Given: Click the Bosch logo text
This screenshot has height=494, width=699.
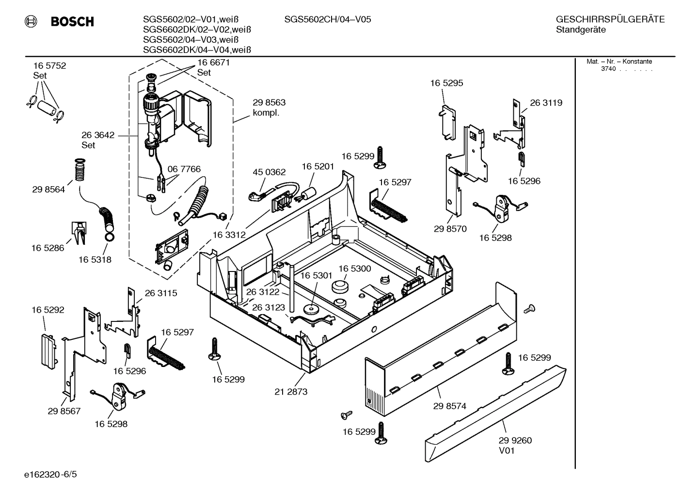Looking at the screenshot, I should [x=72, y=22].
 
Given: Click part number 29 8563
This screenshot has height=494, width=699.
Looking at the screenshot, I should [x=269, y=103].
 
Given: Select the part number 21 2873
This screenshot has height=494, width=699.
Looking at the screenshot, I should [x=291, y=392].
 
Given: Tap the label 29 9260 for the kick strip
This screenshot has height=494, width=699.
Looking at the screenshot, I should [x=515, y=441].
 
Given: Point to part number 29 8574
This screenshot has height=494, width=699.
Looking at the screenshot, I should [x=449, y=406].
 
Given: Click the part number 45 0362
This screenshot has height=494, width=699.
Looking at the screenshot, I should [x=269, y=172].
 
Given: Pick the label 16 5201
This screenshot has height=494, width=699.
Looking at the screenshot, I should [x=318, y=166].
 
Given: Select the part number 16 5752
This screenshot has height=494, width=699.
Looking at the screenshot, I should [x=49, y=66].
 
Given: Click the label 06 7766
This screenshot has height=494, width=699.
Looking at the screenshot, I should [x=184, y=169].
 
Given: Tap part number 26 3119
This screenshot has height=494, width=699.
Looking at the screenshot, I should [x=546, y=103].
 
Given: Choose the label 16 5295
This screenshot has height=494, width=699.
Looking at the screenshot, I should [x=446, y=83].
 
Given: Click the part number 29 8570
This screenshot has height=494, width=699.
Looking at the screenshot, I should [x=450, y=229].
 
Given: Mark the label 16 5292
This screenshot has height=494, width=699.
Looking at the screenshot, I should [x=48, y=310].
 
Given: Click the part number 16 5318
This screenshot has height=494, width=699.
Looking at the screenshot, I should [x=95, y=259].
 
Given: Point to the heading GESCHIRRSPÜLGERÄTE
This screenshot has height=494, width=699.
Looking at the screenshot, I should [x=610, y=19].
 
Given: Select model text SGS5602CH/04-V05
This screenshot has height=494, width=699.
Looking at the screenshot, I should [x=328, y=19].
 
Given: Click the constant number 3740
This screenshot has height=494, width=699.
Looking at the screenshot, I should [x=608, y=69].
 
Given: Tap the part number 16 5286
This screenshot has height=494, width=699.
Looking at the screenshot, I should [x=48, y=248].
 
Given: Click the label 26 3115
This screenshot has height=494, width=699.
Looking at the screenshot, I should [x=161, y=293].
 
